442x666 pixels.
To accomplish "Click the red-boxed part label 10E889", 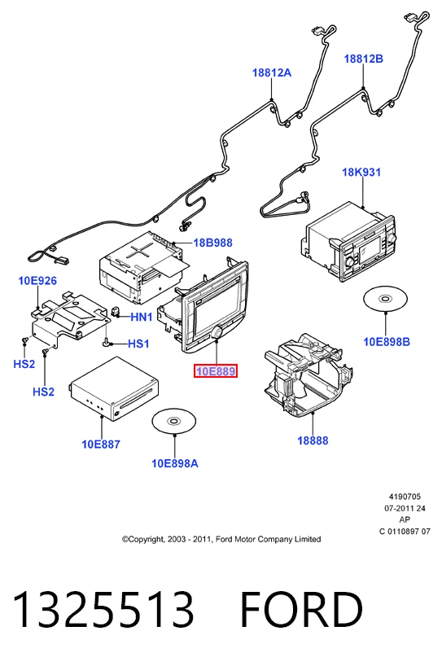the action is coord(215,371).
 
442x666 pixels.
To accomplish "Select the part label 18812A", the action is coord(272,72).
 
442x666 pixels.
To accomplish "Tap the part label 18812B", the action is coord(364,59).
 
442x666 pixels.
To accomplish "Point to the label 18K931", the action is coord(361,172).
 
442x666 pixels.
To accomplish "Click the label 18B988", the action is coord(212,243).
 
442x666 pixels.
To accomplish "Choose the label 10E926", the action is coord(37,280).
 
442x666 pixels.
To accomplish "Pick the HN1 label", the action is coord(142,317).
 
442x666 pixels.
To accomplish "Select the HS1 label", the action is coord(138,344).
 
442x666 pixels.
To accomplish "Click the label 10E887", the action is coord(101,445).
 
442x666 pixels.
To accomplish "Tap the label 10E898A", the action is coord(175,463).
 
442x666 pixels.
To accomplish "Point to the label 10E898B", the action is coord(387,342).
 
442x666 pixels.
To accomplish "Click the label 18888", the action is coord(313,440).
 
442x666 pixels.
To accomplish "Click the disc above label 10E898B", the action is coord(386,299).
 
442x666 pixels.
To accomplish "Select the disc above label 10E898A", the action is coord(174,421).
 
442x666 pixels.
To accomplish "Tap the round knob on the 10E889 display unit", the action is coord(218,332).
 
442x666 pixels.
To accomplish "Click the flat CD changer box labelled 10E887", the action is coord(114,389).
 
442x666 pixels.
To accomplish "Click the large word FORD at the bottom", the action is coord(301,610).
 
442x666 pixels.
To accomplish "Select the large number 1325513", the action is coord(103,610).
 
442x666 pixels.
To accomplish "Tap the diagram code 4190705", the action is coord(405,497).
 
